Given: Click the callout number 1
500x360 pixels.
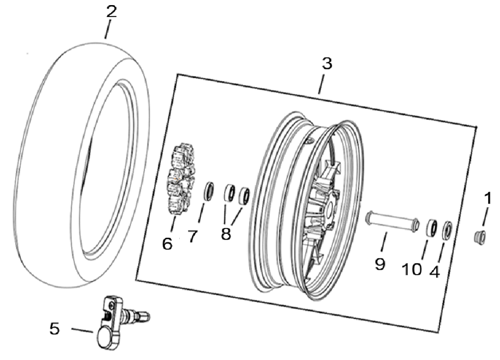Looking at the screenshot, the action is pos(488,198).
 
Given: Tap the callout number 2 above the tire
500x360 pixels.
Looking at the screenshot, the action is pos(111,12).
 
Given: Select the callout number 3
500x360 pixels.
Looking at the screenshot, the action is pos(327,64).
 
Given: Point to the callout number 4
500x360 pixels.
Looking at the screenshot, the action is pos(435,272).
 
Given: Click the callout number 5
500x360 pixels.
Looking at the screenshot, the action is pos(55,328).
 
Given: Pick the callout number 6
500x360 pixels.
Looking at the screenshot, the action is pos(167,244).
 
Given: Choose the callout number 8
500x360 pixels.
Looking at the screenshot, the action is pos(226,234).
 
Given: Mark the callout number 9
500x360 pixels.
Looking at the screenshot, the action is pos(380,264).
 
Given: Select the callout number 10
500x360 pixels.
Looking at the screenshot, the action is pos(412,270).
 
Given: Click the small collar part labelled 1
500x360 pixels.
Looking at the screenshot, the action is pos(480,237).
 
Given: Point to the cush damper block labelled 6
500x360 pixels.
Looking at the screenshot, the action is pos(181,179).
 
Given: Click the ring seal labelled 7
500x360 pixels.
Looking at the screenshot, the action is pos(209,191).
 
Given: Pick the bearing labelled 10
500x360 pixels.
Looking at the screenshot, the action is pos(432,227).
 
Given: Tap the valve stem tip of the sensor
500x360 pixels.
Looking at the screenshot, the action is pos(147,316).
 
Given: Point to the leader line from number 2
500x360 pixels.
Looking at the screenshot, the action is pos(108,30).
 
